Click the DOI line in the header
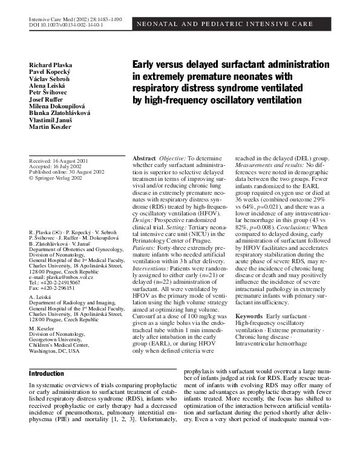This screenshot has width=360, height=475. pos(66,26)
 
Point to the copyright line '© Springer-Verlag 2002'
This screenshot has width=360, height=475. pos(56,178)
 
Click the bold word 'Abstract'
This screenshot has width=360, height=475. pos(144,158)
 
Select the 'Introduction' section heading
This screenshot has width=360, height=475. pos(46,373)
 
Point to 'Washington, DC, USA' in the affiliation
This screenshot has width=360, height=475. pos(54,350)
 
